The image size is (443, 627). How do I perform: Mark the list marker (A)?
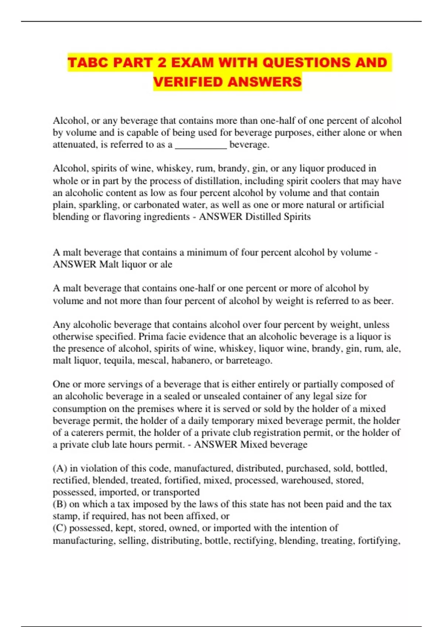tap(60, 468)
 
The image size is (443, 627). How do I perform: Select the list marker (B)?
tap(59, 504)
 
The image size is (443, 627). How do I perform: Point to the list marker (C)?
tap(60, 528)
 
